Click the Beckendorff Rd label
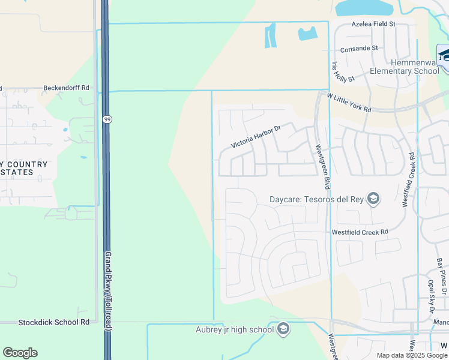tap(66, 88)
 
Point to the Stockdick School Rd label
tap(53, 322)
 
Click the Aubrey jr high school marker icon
tap(283, 329)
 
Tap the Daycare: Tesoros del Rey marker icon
tap(373, 199)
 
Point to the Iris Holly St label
tap(343, 71)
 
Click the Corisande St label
tap(358, 48)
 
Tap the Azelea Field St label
tap(373, 24)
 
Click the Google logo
tap(20, 353)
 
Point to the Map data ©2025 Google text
tap(412, 355)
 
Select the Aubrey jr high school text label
tap(235, 329)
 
